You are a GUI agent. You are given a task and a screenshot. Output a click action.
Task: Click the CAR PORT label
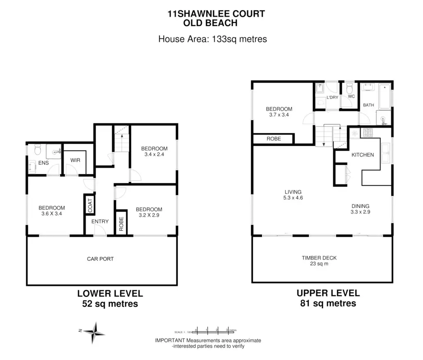click(100, 259)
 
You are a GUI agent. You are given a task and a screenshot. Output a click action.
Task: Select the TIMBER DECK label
click(319, 258)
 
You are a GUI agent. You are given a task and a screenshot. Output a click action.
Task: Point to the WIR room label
click(75, 160)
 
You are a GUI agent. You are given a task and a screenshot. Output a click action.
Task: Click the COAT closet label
click(90, 205)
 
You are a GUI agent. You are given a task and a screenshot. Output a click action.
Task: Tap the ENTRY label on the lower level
click(100, 222)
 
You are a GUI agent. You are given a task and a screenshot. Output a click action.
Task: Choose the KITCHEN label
click(362, 155)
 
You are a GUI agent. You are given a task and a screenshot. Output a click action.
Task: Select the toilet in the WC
click(349, 88)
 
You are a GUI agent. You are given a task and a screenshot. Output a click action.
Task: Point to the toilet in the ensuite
click(37, 149)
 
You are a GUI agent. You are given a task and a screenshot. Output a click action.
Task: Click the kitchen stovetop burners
click(366, 133)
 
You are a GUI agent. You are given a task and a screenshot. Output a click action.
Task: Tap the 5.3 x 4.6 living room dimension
click(293, 198)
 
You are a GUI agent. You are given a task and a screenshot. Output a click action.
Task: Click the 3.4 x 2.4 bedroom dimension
click(154, 154)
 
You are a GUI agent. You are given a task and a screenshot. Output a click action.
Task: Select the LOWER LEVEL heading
click(110, 294)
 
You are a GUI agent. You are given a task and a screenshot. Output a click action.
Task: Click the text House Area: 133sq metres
click(213, 39)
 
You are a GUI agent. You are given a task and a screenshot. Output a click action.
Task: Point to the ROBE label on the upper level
click(273, 139)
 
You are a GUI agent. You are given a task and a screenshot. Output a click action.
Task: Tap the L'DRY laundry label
click(332, 97)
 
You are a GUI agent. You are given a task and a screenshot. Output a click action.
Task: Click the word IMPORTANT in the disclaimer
click(170, 341)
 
